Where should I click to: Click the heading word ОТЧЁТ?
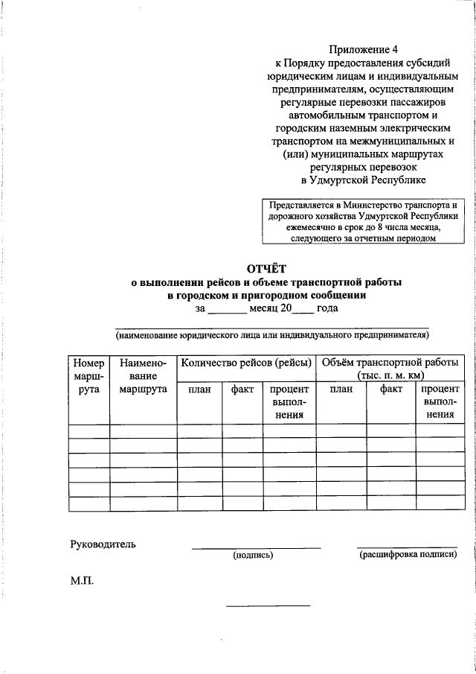266,268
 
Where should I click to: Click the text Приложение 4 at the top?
364,50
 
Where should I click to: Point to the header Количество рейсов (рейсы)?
245,363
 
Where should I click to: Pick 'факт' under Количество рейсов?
242,389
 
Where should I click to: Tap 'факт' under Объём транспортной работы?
390,389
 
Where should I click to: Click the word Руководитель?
103,544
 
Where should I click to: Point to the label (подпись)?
253,555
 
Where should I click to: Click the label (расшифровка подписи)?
408,555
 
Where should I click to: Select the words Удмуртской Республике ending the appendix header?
364,179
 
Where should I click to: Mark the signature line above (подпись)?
256,547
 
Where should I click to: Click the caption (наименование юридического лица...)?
271,335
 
